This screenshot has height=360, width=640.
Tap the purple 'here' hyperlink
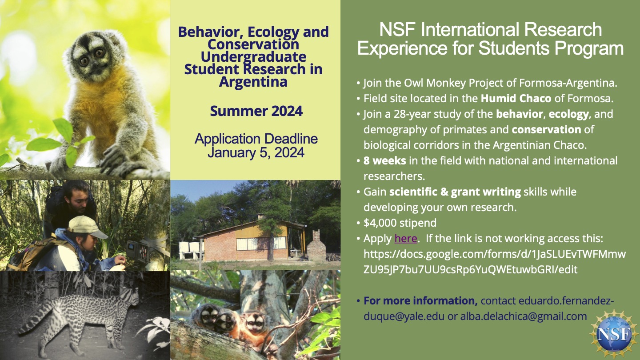click(405, 238)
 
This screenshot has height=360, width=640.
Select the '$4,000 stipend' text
click(400, 222)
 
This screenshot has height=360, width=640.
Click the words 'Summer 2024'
click(256, 111)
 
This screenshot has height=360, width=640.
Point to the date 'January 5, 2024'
click(256, 153)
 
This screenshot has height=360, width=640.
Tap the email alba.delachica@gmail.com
click(524, 316)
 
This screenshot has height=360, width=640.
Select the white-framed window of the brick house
click(261, 243)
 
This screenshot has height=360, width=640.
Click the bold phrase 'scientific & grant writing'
click(455, 192)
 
